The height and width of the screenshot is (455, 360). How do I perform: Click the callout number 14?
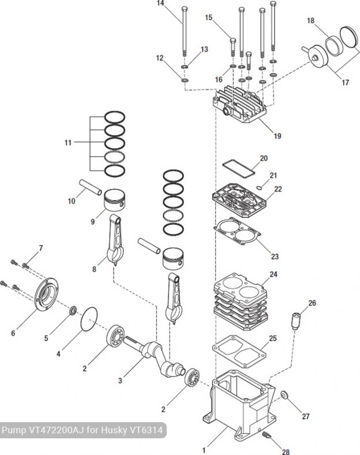click(160, 4)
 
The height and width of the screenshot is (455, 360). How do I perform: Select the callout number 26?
click(312, 303)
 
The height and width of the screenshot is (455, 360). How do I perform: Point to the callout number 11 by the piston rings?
click(69, 141)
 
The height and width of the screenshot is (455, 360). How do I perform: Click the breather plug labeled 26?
click(297, 321)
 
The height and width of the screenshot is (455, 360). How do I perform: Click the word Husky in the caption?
click(113, 430)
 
